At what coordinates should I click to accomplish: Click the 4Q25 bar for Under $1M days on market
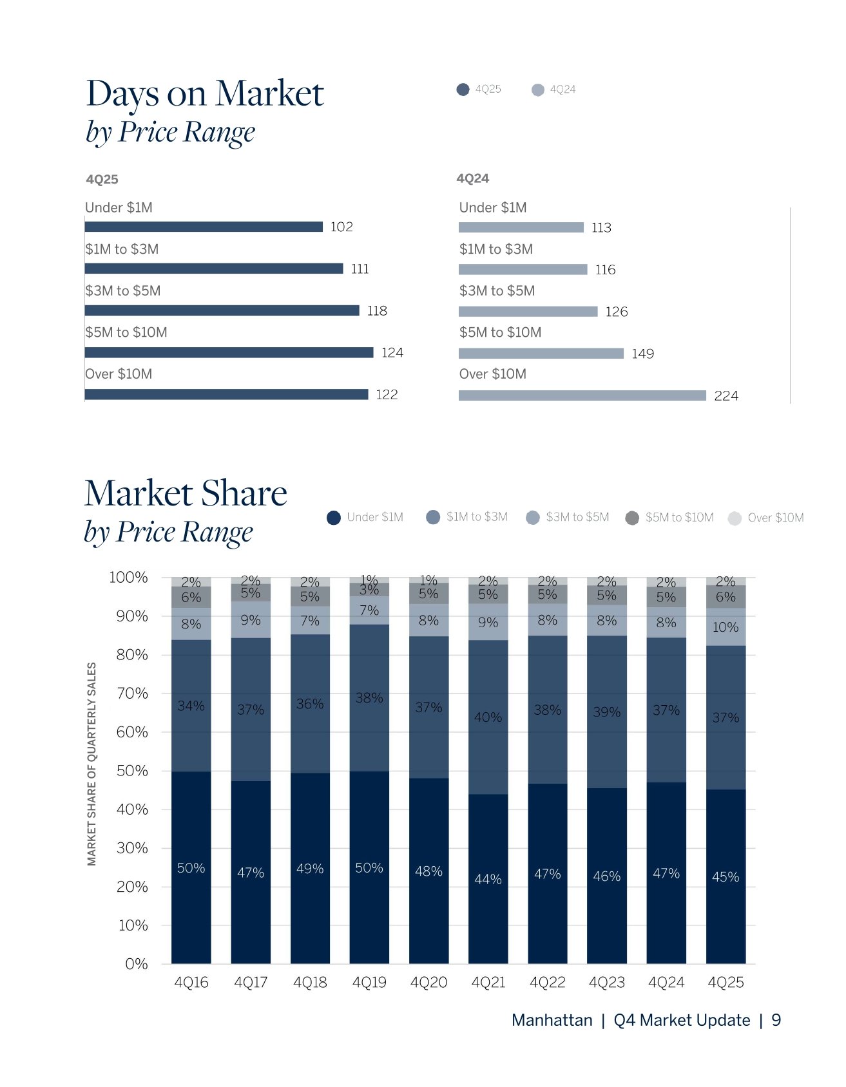pyautogui.click(x=204, y=227)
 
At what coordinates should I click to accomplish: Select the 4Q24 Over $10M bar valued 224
pyautogui.click(x=582, y=395)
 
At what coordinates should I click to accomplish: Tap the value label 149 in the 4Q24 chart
pyautogui.click(x=642, y=354)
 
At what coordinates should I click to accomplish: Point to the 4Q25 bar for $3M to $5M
pyautogui.click(x=222, y=310)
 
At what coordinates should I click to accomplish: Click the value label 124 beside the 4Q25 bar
pyautogui.click(x=392, y=352)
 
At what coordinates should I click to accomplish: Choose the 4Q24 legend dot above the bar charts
pyautogui.click(x=538, y=90)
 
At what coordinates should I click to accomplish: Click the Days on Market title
pyautogui.click(x=205, y=94)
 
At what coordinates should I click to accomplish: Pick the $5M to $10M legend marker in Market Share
pyautogui.click(x=632, y=518)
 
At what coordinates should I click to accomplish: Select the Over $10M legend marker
pyautogui.click(x=735, y=518)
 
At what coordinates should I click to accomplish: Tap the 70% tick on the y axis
pyautogui.click(x=132, y=694)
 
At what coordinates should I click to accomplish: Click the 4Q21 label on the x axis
pyautogui.click(x=488, y=983)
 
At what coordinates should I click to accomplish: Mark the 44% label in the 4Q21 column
pyautogui.click(x=488, y=879)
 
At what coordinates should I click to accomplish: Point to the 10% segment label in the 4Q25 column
pyautogui.click(x=726, y=627)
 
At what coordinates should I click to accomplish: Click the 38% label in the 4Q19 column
pyautogui.click(x=369, y=698)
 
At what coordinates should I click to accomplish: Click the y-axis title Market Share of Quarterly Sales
pyautogui.click(x=92, y=764)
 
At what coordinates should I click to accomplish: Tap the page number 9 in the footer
pyautogui.click(x=776, y=1020)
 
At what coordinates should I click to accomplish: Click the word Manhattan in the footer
pyautogui.click(x=552, y=1020)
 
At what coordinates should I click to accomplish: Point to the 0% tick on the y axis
pyautogui.click(x=136, y=964)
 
